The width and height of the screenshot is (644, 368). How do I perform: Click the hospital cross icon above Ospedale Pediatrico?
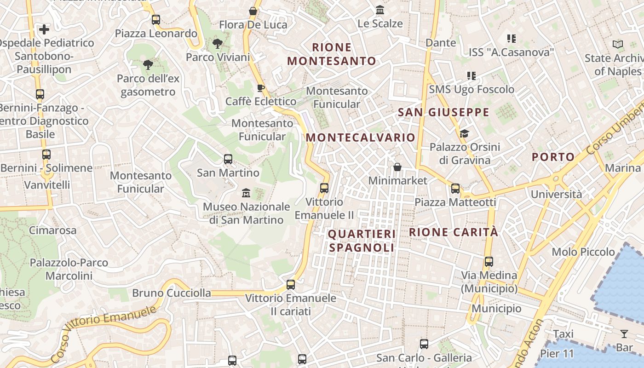[x=44, y=30]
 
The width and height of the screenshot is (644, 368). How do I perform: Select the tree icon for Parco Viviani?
[x=218, y=44]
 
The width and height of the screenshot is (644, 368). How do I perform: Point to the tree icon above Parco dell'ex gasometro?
[x=148, y=65]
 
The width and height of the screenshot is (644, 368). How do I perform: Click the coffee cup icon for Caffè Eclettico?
[x=261, y=88]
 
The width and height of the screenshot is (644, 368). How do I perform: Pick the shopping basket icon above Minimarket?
[x=397, y=167]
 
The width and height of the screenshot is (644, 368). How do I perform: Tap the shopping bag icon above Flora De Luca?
[x=253, y=11]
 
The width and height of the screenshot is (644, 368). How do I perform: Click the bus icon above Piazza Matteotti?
[x=455, y=188]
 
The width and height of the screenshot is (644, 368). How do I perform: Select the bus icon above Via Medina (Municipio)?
[x=489, y=262]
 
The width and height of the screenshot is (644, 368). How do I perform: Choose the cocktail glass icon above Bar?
[x=624, y=334]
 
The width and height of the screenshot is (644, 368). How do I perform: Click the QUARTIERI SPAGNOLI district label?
[x=362, y=241]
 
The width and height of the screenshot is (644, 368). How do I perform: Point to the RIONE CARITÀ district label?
[x=454, y=232]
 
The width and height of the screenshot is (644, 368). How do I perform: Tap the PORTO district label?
[x=553, y=157]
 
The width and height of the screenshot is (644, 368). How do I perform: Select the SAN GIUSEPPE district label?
[x=443, y=112]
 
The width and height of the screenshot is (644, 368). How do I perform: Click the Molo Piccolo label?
[x=583, y=252]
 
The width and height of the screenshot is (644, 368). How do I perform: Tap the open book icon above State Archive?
[x=618, y=45]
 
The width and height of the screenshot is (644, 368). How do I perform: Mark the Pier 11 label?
[x=557, y=354]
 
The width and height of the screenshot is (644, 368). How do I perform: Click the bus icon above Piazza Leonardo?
[x=156, y=20]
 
